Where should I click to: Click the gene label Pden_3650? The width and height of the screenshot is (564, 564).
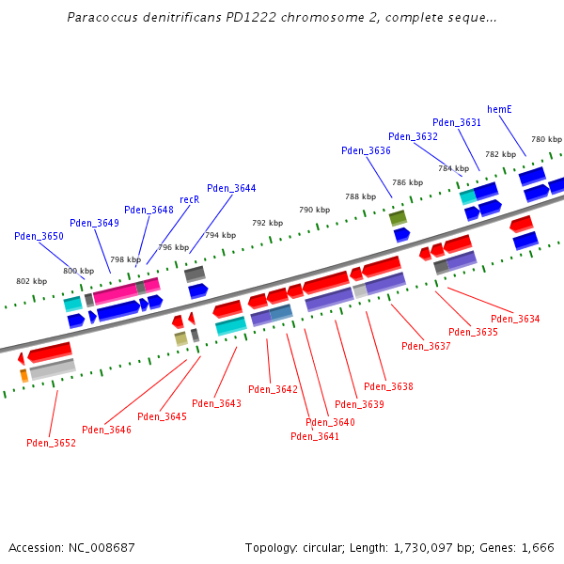[x=39, y=236]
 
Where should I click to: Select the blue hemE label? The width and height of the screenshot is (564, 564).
[x=499, y=110]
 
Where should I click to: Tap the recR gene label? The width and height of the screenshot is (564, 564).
[x=189, y=199]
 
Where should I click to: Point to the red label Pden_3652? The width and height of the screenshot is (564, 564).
[x=51, y=443]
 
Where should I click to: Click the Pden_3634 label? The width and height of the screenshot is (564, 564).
[x=515, y=320]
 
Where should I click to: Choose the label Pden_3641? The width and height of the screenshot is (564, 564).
[x=315, y=436]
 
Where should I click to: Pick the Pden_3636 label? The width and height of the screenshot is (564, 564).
[x=366, y=150]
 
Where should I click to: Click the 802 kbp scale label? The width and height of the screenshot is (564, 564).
[x=31, y=281]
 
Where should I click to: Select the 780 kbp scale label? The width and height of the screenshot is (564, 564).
[x=546, y=139]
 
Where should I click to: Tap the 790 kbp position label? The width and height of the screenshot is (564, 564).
[x=314, y=210]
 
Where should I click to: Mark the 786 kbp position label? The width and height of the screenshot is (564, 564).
[x=407, y=182]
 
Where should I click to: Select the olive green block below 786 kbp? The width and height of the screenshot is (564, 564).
[x=398, y=218]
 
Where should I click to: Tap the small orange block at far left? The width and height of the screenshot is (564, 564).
[x=23, y=376]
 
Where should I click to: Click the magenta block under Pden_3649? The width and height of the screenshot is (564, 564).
[x=116, y=293]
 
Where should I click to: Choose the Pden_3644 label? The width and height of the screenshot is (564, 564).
[x=231, y=188]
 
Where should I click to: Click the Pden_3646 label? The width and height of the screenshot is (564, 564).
[x=106, y=430]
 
